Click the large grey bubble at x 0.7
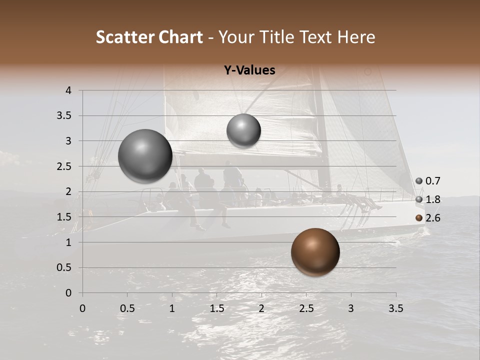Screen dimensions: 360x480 tap(145, 156)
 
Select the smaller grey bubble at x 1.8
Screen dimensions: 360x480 tap(243, 131)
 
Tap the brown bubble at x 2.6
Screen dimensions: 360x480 tap(315, 252)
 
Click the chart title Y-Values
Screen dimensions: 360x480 tap(249, 70)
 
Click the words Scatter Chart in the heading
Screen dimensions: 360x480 tap(149, 37)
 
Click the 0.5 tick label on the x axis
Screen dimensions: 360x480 tap(127, 308)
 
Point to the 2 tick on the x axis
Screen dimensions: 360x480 tap(261, 308)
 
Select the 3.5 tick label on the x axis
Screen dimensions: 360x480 tap(396, 308)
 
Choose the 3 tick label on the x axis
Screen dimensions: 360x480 tap(351, 308)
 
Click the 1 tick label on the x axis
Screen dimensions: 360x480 tap(172, 308)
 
